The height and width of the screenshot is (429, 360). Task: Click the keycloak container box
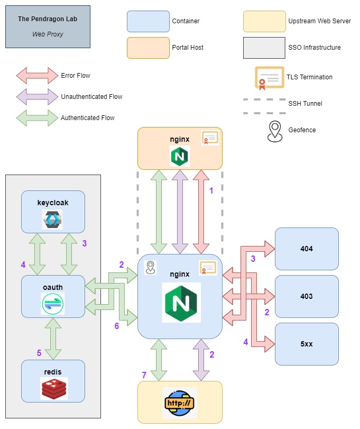pos(53,212)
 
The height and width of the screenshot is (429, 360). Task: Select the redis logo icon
pos(54,388)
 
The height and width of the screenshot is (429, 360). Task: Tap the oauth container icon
pos(53,304)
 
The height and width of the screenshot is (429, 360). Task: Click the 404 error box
pos(307,249)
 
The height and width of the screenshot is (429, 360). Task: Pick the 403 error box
pos(307,296)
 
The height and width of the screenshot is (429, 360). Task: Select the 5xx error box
pos(307,344)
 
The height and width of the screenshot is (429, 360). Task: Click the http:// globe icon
pos(180,403)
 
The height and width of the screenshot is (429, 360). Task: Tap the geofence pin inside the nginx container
pos(150,267)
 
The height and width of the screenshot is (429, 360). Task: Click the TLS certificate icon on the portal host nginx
pos(210,138)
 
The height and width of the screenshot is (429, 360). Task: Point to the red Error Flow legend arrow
pos(37,76)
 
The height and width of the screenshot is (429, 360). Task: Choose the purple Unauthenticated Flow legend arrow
pos(37,97)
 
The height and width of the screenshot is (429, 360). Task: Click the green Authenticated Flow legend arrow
pos(37,118)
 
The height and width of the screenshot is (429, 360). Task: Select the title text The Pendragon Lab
pos(48,19)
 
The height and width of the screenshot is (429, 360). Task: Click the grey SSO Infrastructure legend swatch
pos(264,48)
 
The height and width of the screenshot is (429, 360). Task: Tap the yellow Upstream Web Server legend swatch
pos(264,21)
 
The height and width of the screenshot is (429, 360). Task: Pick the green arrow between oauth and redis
pos(53,339)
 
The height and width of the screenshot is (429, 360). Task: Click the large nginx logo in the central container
pos(181,303)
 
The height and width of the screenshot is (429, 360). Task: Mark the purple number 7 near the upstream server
pos(144,375)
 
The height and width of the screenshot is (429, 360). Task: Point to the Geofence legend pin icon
pos(275,132)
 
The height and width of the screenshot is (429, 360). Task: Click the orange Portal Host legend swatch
pos(148,48)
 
